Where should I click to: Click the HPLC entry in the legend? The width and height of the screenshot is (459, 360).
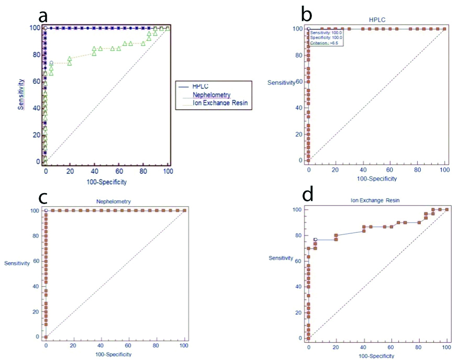pyautogui.click(x=201, y=85)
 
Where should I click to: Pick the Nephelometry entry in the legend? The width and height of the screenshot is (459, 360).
pyautogui.click(x=210, y=95)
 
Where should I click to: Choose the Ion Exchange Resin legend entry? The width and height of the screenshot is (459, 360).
pyautogui.click(x=219, y=104)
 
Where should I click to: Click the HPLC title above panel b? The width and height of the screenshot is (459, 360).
pyautogui.click(x=376, y=19)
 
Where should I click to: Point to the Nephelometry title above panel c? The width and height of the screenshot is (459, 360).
pyautogui.click(x=113, y=201)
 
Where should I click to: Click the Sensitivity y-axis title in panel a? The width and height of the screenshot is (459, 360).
pyautogui.click(x=20, y=95)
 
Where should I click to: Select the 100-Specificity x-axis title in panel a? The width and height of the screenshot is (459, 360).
pyautogui.click(x=106, y=182)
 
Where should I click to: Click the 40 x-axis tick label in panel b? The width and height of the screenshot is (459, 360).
pyautogui.click(x=363, y=171)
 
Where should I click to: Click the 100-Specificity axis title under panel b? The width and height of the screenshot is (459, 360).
pyautogui.click(x=376, y=178)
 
